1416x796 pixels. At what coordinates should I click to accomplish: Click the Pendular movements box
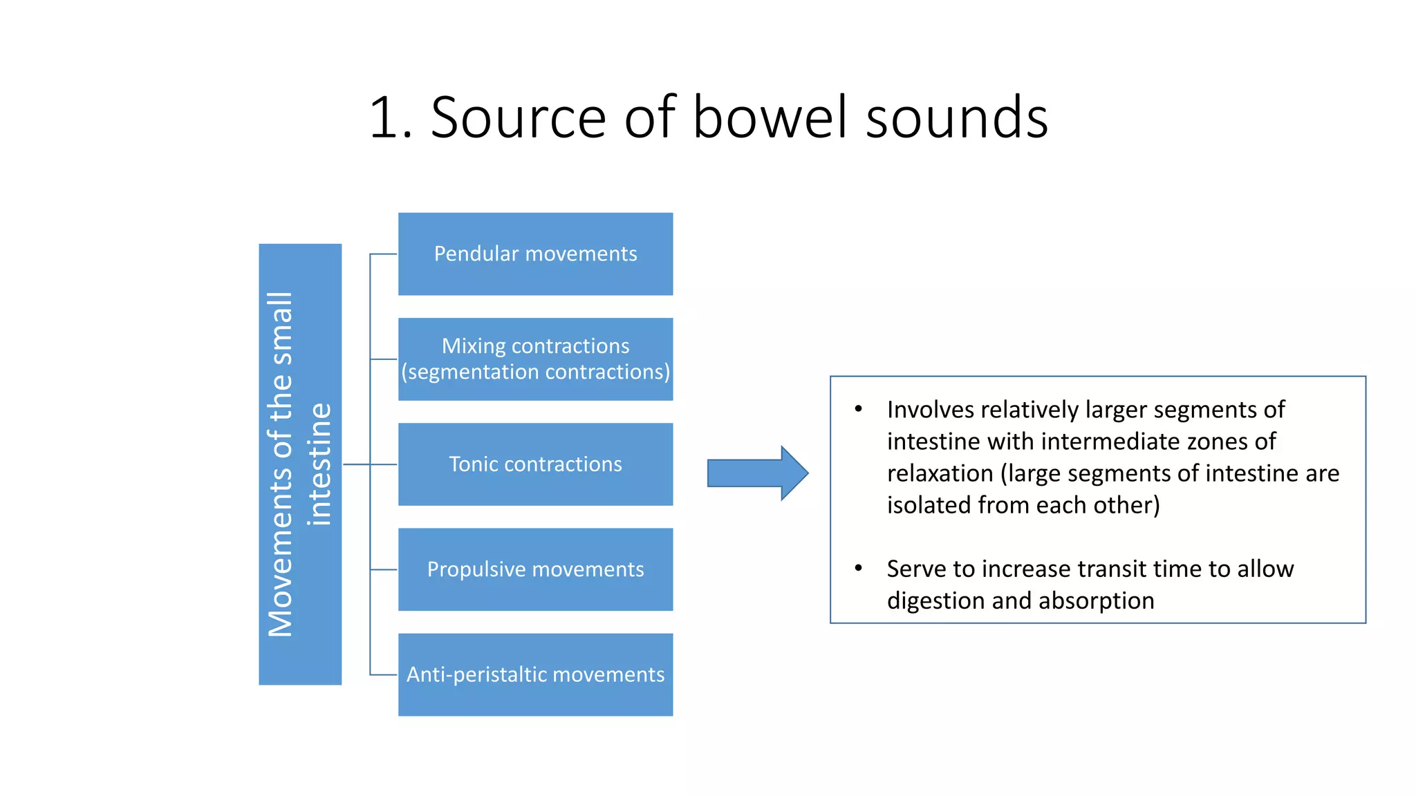(535, 254)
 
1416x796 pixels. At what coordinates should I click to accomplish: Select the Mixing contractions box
(535, 359)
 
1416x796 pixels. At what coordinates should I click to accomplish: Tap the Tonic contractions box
(535, 464)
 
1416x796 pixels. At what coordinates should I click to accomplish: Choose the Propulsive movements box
(535, 569)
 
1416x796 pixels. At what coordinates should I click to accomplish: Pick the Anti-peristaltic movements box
(535, 674)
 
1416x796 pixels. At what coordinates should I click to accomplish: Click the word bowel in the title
(769, 117)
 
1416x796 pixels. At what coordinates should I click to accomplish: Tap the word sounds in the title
(957, 117)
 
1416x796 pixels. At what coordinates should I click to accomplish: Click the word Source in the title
(519, 117)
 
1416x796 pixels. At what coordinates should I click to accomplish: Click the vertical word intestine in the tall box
(319, 464)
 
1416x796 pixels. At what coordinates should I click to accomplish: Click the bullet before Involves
(858, 409)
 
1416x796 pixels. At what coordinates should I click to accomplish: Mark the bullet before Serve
(858, 568)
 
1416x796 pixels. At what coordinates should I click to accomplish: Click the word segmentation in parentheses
(467, 372)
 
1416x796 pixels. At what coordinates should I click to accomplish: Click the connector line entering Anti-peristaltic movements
(383, 674)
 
